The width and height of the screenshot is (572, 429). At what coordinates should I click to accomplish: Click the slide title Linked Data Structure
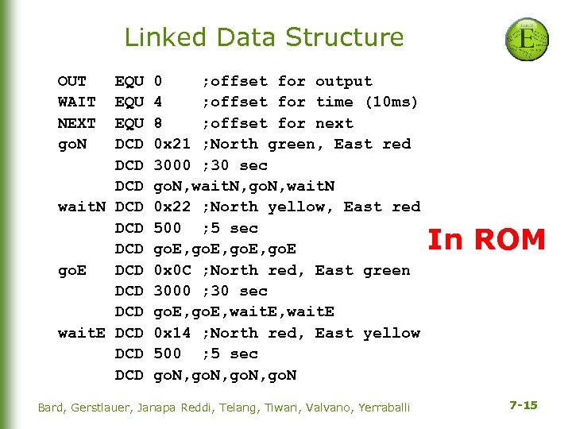[x=264, y=37]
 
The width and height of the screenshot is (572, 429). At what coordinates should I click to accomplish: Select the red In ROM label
[x=486, y=239]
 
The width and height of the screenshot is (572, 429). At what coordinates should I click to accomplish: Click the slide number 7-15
[x=523, y=405]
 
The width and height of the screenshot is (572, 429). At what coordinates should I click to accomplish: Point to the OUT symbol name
[x=72, y=81]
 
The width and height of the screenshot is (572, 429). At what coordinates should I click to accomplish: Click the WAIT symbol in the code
[x=77, y=102]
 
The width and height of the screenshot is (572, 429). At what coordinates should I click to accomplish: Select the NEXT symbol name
[x=77, y=123]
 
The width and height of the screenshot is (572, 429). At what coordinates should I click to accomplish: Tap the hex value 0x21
[x=172, y=144]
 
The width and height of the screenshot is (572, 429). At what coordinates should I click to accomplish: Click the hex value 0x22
[x=172, y=207]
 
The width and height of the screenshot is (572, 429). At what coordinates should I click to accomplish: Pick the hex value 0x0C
[x=172, y=270]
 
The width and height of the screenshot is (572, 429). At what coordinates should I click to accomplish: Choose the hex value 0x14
[x=172, y=333]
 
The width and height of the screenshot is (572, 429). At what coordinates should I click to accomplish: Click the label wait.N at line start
[x=82, y=207]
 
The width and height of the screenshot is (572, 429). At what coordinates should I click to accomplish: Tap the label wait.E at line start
[x=82, y=333]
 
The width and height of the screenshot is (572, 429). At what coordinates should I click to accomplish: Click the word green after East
[x=387, y=270]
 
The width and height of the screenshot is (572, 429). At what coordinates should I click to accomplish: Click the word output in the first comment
[x=344, y=81]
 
